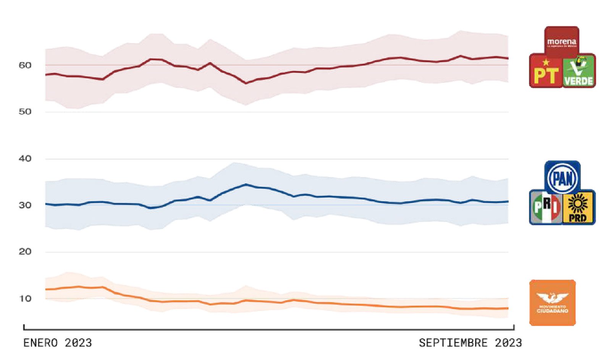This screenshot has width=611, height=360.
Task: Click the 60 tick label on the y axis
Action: coord(25,65)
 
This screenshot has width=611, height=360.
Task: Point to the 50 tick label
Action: coord(25,112)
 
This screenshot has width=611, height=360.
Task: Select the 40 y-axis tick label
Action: coord(25,159)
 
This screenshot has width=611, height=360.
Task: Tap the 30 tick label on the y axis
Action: coord(25,205)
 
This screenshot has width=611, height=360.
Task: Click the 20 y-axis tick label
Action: coord(25,252)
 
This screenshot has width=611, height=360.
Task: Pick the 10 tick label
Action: coord(25,299)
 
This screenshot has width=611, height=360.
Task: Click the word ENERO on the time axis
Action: coord(40,343)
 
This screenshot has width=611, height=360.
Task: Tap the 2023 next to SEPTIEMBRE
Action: coord(508,343)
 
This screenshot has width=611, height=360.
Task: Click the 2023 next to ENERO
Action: coord(78,343)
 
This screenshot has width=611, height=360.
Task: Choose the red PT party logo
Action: coord(546,71)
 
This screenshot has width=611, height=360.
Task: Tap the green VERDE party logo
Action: coord(579,71)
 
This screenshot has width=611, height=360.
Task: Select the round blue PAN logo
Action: coord(562,178)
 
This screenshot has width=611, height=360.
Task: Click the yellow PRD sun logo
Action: coord(578,207)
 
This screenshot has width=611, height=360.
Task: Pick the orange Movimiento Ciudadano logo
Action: coord(552,303)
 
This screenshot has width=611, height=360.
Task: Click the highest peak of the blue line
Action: coord(246,185)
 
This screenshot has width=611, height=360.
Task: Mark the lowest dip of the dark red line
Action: coord(246,83)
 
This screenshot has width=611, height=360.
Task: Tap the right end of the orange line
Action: coord(508,308)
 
